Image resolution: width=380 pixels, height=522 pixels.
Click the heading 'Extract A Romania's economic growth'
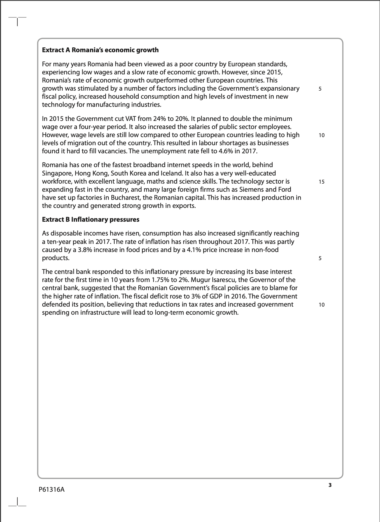pos(100,50)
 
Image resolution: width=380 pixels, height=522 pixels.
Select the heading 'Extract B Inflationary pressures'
pos(91,220)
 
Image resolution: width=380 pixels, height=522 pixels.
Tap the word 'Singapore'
pos(57,173)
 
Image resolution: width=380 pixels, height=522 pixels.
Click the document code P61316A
pos(52,490)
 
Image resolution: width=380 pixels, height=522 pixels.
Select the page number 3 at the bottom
pos(330,485)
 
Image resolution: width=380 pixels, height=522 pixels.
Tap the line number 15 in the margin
pos(321,182)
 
